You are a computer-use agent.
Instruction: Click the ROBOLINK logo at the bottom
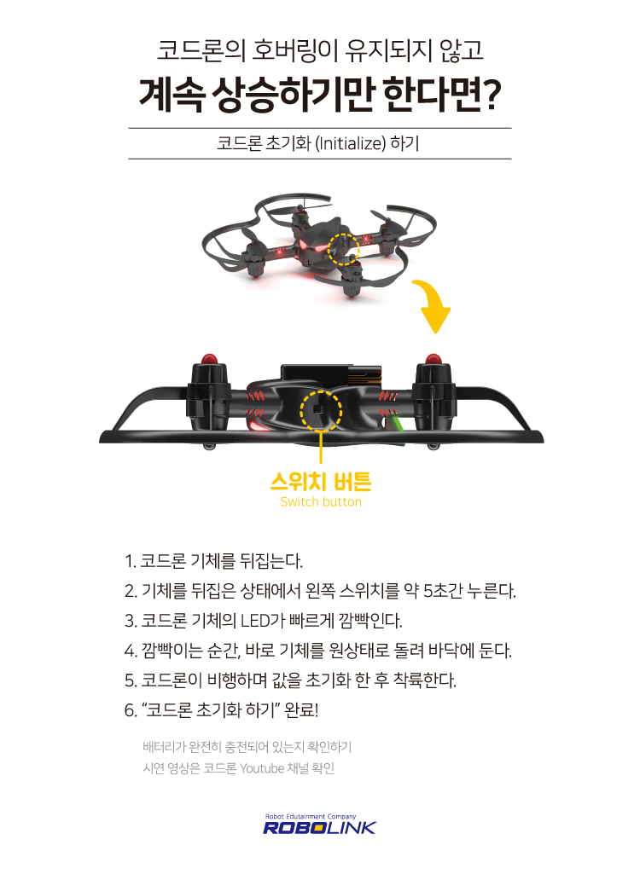(319, 827)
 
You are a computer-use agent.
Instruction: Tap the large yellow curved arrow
(433, 307)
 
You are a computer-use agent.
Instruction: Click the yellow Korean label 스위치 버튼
(320, 483)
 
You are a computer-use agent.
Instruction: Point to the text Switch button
(321, 502)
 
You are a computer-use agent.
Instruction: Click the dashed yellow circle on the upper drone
(346, 248)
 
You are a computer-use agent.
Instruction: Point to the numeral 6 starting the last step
(129, 709)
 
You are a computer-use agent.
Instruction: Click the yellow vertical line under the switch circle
(321, 448)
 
